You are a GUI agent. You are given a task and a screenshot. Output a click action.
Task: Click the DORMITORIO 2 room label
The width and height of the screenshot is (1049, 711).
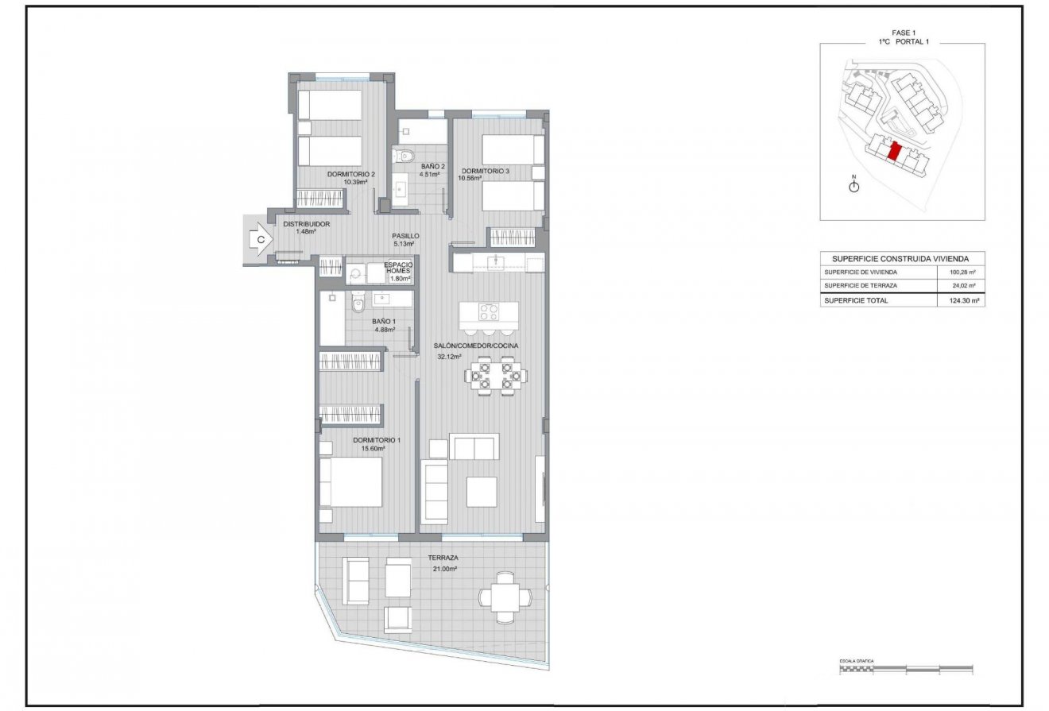tap(350, 174)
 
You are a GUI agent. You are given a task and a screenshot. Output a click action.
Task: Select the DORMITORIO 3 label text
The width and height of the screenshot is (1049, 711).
tap(485, 171)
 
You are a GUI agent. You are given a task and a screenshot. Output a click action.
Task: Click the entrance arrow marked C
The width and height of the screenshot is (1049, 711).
tap(259, 238)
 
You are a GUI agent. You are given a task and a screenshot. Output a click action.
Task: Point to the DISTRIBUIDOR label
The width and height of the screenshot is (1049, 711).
tap(306, 224)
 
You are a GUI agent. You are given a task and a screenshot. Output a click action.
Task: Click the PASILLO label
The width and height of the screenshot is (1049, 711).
tap(405, 236)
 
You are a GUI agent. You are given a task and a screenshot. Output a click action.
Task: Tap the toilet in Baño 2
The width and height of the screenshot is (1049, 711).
tap(407, 156)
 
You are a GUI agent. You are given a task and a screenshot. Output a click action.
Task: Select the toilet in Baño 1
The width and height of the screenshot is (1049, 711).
tap(358, 303)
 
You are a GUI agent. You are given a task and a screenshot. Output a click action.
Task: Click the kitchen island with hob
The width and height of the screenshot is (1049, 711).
tap(489, 313)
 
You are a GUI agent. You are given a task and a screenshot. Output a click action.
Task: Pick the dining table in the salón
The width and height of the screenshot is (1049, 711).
tap(494, 375)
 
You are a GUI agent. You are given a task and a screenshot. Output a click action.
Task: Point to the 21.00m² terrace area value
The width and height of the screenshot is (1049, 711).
tap(445, 569)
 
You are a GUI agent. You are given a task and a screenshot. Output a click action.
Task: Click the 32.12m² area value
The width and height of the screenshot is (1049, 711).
tap(450, 357)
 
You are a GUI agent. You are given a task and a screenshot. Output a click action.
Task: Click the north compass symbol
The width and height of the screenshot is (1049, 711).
tap(854, 186)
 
